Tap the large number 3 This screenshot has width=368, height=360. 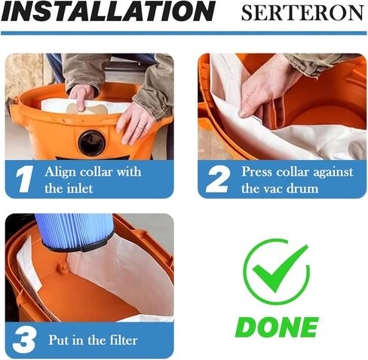pyautogui.click(x=23, y=340)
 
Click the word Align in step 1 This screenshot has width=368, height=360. pyautogui.click(x=60, y=171)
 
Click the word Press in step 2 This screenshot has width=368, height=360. pyautogui.click(x=256, y=171)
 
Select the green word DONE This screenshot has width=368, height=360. pyautogui.click(x=276, y=327)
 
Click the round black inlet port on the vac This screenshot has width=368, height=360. pyautogui.click(x=92, y=141)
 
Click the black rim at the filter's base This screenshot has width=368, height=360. pyautogui.click(x=75, y=245)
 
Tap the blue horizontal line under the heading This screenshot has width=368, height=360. pyautogui.click(x=184, y=33)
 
